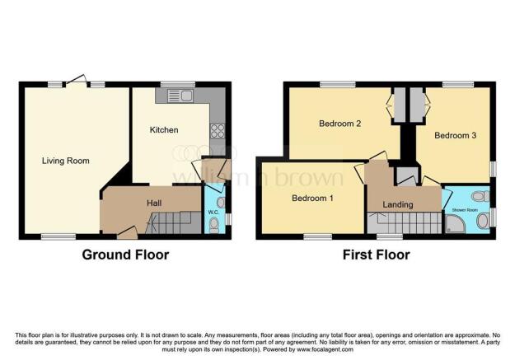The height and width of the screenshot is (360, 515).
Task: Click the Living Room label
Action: pyautogui.click(x=66, y=161)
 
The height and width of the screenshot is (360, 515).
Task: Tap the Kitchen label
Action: pyautogui.click(x=164, y=129)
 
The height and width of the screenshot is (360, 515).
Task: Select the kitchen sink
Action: pyautogui.click(x=180, y=96)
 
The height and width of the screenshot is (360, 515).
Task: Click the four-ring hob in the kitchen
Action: pyautogui.click(x=218, y=131)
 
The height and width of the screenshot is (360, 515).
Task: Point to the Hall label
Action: pyautogui.click(x=154, y=203)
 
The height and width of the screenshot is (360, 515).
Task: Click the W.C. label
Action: pyautogui.click(x=213, y=213)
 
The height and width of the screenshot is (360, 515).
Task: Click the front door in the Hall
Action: pyautogui.click(x=128, y=232)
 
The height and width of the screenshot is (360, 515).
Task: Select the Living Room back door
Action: pyautogui.click(x=77, y=81)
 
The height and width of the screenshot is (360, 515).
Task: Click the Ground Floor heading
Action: pyautogui.click(x=125, y=255)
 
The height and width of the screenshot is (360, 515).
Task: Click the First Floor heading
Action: pyautogui.click(x=376, y=255)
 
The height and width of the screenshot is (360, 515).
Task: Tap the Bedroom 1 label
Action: pyautogui.click(x=312, y=198)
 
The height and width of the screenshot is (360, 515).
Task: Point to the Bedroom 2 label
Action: pyautogui.click(x=340, y=124)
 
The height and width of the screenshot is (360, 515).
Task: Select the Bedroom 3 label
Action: pyautogui.click(x=455, y=135)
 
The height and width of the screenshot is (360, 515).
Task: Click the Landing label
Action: pyautogui.click(x=398, y=204)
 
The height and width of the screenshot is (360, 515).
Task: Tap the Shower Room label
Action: pyautogui.click(x=465, y=210)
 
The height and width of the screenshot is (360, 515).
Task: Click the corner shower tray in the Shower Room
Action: pyautogui.click(x=455, y=224)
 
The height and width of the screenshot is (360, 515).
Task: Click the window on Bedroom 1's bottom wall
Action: pyautogui.click(x=317, y=236)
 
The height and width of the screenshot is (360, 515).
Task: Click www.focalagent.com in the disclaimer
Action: pyautogui.click(x=325, y=349)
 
